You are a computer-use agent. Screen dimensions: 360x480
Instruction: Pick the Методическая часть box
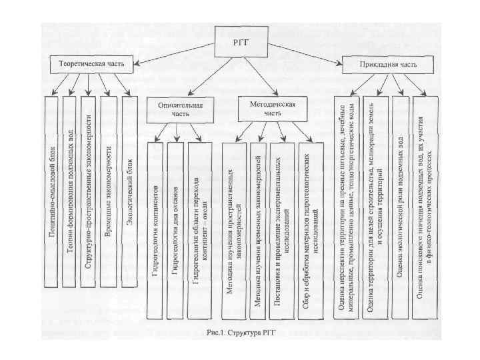[x=266, y=109]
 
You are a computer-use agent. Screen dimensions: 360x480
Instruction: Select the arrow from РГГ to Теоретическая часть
[x=173, y=55]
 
